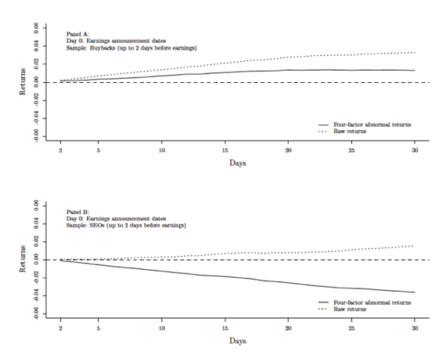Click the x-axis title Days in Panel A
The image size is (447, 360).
tap(237, 163)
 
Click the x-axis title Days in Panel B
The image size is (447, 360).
tap(237, 340)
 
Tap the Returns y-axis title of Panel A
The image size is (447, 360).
tap(23, 82)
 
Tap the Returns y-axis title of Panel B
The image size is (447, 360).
tap(23, 259)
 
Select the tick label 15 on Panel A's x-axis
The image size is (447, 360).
tap(225, 150)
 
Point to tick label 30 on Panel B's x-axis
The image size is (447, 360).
tap(414, 328)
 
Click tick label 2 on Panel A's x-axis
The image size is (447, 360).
tap(60, 150)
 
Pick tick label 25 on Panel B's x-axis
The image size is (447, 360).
tap(351, 328)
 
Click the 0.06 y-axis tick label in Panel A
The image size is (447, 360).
tap(36, 28)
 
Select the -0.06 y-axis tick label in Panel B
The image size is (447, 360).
tap(36, 313)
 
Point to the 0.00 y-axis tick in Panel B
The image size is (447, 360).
tap(36, 260)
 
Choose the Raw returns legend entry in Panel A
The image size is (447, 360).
tap(342, 132)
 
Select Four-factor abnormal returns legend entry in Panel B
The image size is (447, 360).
tap(365, 302)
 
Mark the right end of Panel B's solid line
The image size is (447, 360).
tap(414, 293)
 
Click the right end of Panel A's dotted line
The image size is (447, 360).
tap(414, 53)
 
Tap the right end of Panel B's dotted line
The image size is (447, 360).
tap(413, 246)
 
